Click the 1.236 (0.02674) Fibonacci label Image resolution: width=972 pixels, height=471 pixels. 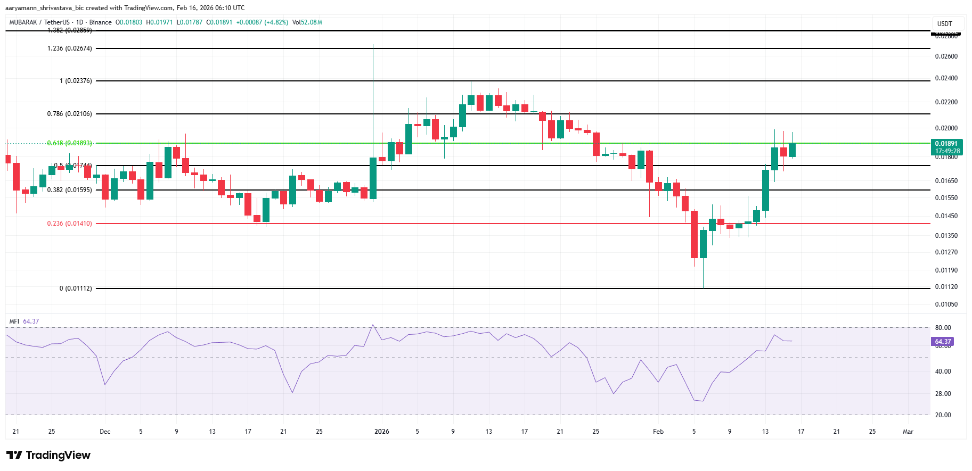[x=70, y=48]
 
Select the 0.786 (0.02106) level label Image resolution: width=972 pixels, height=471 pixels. [x=70, y=114]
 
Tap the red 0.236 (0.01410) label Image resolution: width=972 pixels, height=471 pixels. [x=70, y=224]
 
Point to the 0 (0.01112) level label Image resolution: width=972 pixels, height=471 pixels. [x=76, y=288]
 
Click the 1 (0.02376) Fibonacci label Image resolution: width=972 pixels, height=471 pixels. [x=76, y=81]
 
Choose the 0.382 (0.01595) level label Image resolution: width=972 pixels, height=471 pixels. [x=70, y=190]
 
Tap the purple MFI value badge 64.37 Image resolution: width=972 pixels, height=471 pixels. [x=943, y=342]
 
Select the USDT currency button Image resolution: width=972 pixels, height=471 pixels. [x=945, y=24]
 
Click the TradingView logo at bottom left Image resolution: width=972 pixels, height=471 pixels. [x=48, y=455]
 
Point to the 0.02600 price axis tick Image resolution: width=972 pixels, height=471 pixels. [x=946, y=56]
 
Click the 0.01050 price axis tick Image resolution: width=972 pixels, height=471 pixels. [x=946, y=304]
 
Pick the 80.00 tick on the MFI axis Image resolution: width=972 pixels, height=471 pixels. [x=943, y=328]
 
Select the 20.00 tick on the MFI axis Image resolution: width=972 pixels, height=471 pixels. [x=943, y=415]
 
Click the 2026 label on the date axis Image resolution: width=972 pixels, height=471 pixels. [x=382, y=432]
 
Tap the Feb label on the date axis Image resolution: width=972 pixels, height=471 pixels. [x=658, y=432]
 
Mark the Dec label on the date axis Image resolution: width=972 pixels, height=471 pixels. [x=105, y=432]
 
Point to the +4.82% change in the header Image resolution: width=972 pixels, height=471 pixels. [x=277, y=22]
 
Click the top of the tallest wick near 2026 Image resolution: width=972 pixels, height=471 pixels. [x=373, y=45]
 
